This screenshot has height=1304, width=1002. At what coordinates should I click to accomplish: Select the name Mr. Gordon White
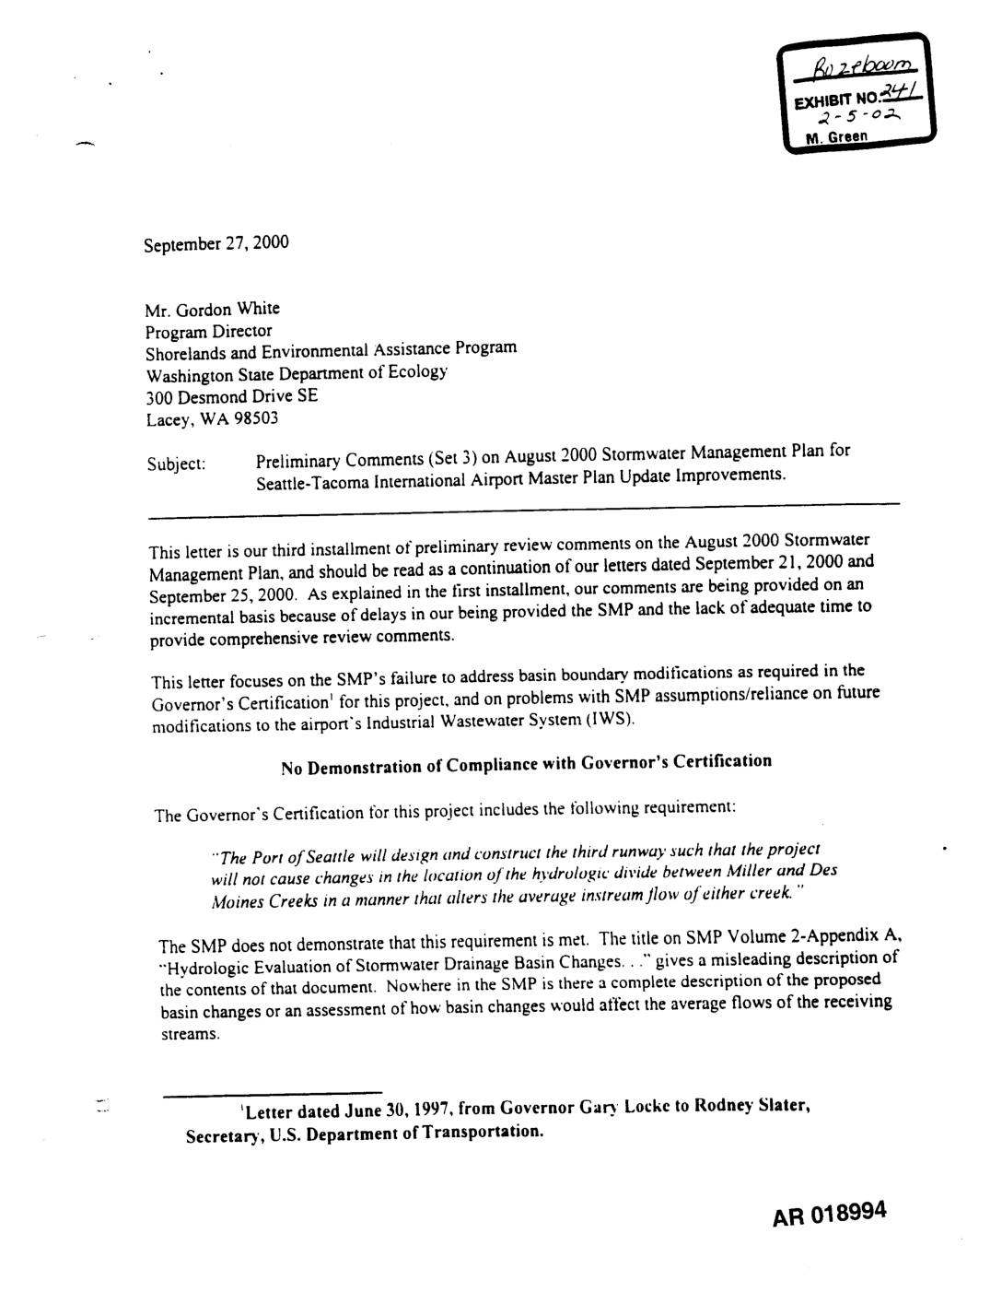(213, 309)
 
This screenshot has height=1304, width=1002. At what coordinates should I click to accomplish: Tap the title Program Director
(209, 331)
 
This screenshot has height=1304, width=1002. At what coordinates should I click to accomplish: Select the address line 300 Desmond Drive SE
(232, 397)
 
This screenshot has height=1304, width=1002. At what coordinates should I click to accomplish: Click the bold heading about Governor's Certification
(526, 764)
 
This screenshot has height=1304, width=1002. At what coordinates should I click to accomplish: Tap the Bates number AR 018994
(829, 1215)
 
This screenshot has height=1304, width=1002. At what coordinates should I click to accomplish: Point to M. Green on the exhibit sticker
(839, 137)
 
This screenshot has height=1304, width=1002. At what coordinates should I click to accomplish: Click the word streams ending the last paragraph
(190, 1034)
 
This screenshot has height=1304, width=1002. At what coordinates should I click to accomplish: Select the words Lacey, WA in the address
(177, 420)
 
